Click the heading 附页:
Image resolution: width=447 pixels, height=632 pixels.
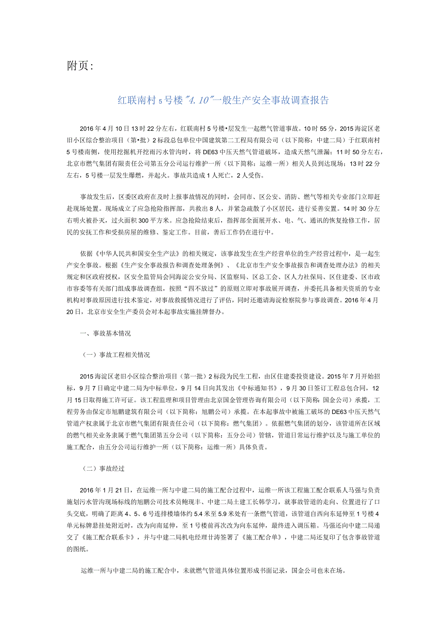pyautogui.click(x=79, y=66)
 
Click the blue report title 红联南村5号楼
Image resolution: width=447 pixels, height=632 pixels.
pyautogui.click(x=224, y=101)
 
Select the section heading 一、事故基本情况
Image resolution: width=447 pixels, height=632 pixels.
pyautogui.click(x=105, y=334)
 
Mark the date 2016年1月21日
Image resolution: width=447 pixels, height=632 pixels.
pyautogui.click(x=106, y=490)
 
